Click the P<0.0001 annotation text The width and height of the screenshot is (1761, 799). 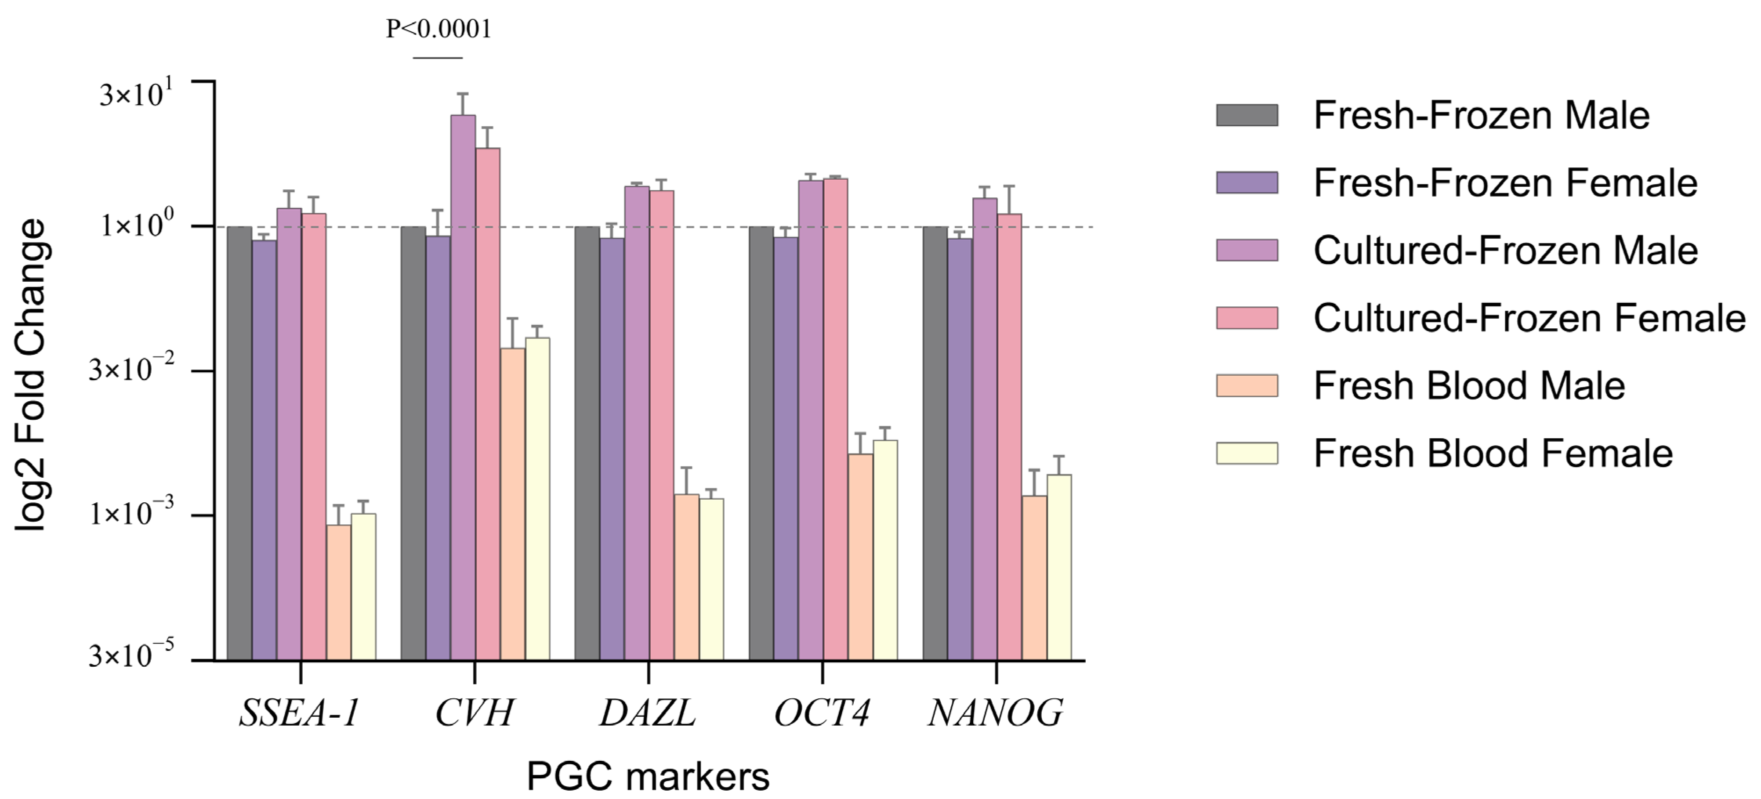point(438,29)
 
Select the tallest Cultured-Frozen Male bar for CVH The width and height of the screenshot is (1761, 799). point(463,386)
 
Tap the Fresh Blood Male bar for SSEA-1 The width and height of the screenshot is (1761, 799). point(338,592)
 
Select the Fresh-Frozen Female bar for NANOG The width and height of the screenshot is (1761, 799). point(960,448)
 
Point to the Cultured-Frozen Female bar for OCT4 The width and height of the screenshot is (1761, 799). point(835,419)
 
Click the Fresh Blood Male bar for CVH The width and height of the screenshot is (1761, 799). point(513,504)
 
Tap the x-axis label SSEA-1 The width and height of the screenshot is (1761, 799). point(299,713)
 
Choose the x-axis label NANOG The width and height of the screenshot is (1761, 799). point(995,713)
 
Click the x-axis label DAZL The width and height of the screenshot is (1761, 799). point(647,713)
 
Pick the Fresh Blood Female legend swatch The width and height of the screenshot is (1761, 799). point(1247,453)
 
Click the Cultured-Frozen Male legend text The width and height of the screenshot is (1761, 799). point(1505,251)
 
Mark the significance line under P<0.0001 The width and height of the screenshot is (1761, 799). point(438,58)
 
